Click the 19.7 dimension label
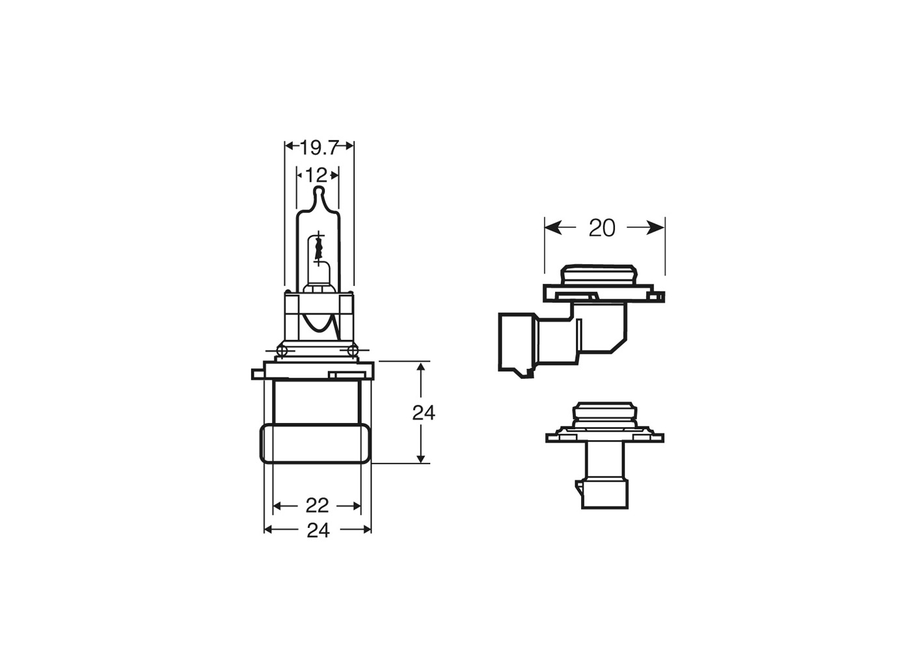coord(319,148)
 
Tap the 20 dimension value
coord(601,228)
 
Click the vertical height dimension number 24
coord(424,413)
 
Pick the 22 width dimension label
coord(317,506)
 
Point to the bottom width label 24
coord(318,531)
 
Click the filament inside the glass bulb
coord(318,247)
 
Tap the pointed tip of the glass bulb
coord(318,191)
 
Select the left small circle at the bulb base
coord(282,352)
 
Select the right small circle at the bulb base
coord(353,352)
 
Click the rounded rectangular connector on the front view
coord(316,444)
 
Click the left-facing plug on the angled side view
coord(517,342)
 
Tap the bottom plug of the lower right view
coord(605,494)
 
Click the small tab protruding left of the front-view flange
coord(257,374)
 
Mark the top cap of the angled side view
coord(599,274)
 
